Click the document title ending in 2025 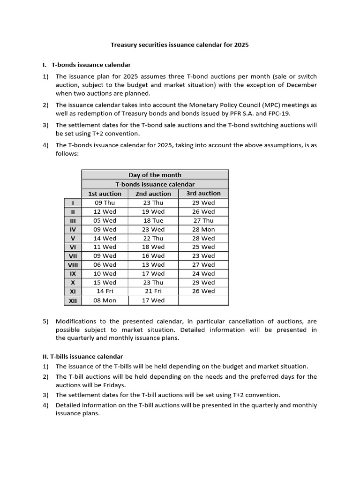pyautogui.click(x=180, y=45)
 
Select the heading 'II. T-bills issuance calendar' pyautogui.click(x=89, y=357)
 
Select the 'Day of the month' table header pyautogui.click(x=155, y=175)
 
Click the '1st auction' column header pyautogui.click(x=105, y=194)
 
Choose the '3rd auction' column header pyautogui.click(x=203, y=193)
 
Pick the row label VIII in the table pyautogui.click(x=73, y=265)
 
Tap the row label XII pyautogui.click(x=73, y=300)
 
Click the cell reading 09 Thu pyautogui.click(x=105, y=202)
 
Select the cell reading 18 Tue pyautogui.click(x=153, y=220)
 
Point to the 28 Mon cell pyautogui.click(x=203, y=229)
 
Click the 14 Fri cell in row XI pyautogui.click(x=105, y=291)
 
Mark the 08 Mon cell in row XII pyautogui.click(x=105, y=300)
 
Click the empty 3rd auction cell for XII pyautogui.click(x=203, y=300)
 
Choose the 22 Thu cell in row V pyautogui.click(x=153, y=238)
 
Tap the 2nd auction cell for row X pyautogui.click(x=153, y=283)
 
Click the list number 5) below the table pyautogui.click(x=45, y=322)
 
